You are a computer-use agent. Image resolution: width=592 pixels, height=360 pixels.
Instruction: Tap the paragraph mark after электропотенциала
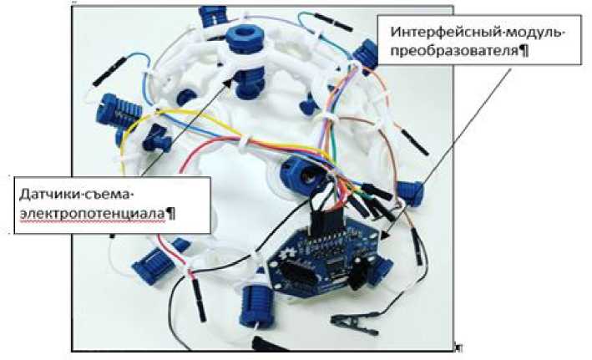(170, 213)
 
